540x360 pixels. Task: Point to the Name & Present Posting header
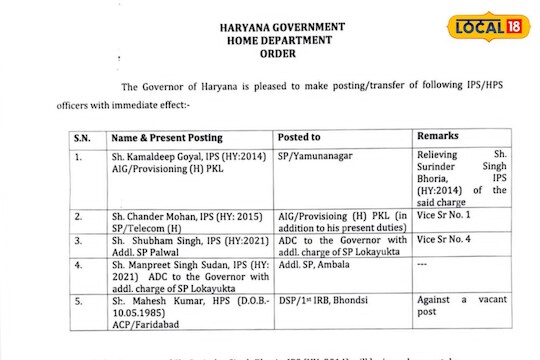pos(166,136)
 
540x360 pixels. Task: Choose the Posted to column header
pos(300,136)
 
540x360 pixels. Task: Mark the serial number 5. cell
pos(78,301)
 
